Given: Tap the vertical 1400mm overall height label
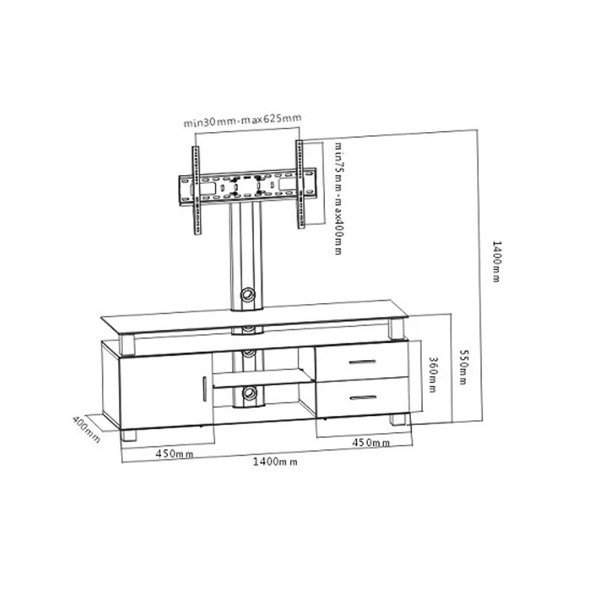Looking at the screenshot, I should (496, 262).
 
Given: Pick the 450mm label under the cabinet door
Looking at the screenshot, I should (174, 454).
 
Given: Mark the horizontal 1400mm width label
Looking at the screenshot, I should (275, 461).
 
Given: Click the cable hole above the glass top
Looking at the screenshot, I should (247, 295).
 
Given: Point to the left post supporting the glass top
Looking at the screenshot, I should (127, 343).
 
